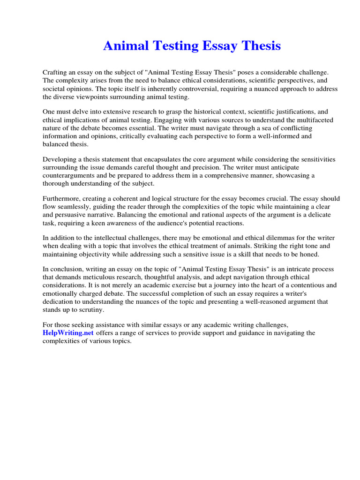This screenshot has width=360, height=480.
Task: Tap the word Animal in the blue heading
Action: [123, 46]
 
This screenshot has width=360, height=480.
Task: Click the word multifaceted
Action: [307, 120]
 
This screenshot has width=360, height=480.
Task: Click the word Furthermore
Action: [62, 199]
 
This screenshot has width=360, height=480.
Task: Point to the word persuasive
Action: [76, 215]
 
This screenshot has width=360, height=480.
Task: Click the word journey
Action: [219, 285]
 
